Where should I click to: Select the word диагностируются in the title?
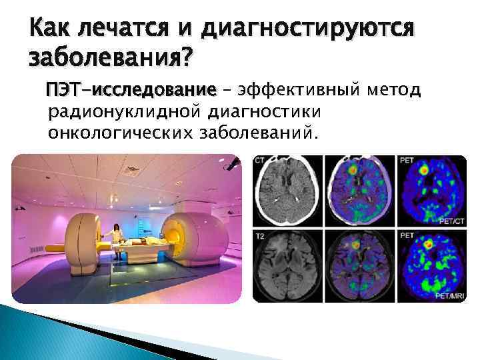click(308, 29)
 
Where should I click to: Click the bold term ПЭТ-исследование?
click(131, 90)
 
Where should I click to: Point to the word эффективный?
click(299, 90)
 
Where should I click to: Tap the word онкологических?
click(120, 134)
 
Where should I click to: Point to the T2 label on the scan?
click(261, 235)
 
